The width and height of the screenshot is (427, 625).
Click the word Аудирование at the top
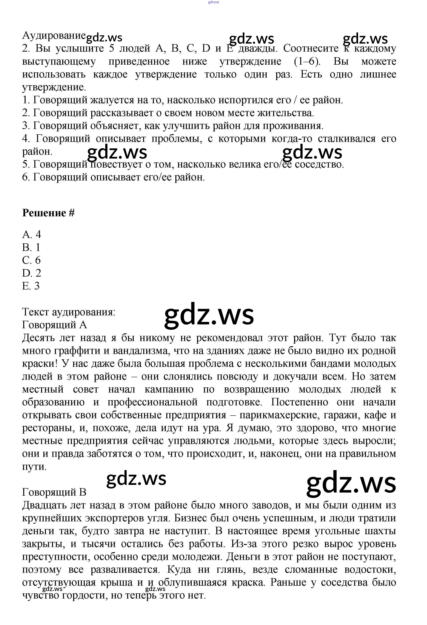pyautogui.click(x=54, y=36)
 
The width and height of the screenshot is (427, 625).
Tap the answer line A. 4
pyautogui.click(x=32, y=235)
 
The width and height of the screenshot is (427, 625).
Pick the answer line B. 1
pyautogui.click(x=31, y=247)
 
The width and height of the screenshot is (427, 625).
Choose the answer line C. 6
pyautogui.click(x=31, y=260)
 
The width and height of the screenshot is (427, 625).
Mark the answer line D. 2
pyautogui.click(x=32, y=273)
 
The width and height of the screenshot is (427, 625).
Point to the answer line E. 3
pyautogui.click(x=31, y=286)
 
